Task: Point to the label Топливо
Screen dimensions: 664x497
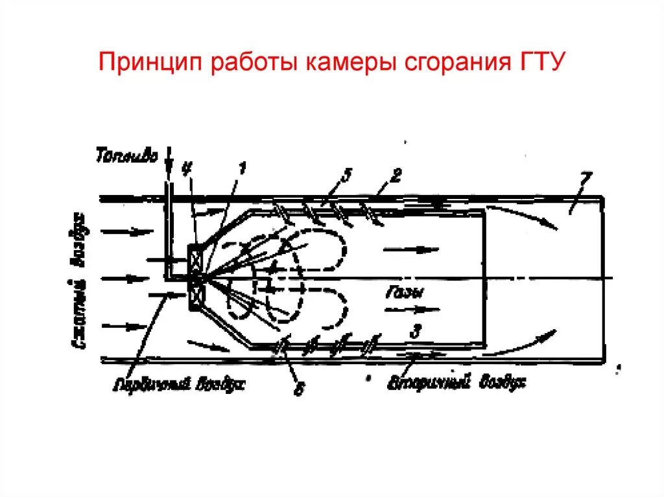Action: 126,156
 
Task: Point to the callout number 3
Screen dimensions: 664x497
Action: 416,332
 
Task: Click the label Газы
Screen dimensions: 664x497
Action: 406,293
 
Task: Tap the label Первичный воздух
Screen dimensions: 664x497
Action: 179,384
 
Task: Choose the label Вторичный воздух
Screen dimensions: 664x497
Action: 456,382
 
